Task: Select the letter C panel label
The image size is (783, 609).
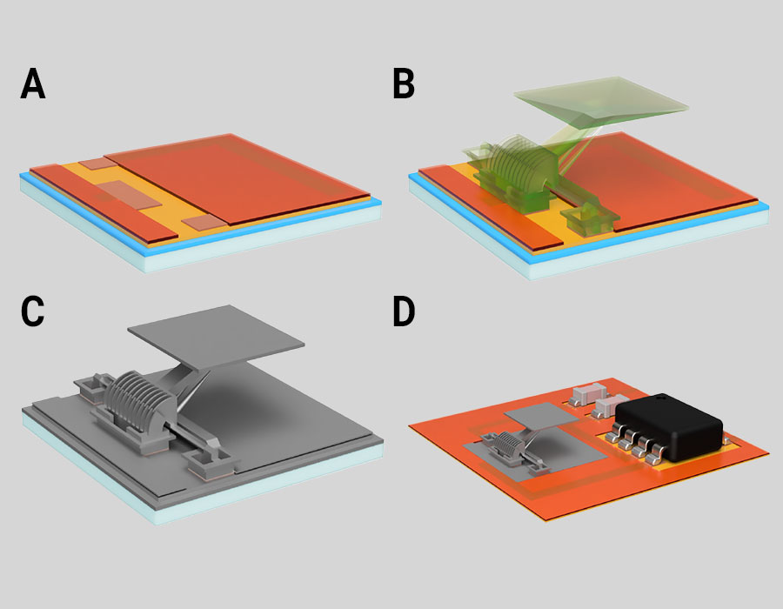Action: (x=32, y=311)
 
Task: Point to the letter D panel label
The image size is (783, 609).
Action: (x=404, y=311)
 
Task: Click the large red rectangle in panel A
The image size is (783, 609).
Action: (x=238, y=177)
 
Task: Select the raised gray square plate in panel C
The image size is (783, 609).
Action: (x=216, y=337)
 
